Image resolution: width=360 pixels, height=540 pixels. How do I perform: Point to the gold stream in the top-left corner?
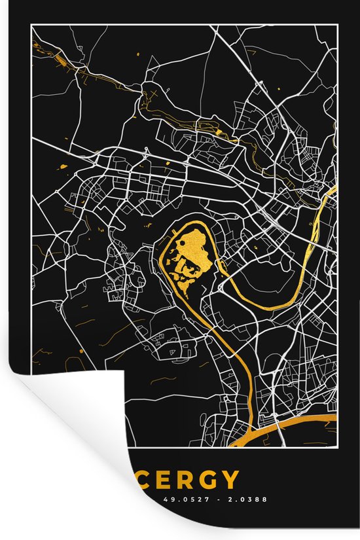coord(56,55)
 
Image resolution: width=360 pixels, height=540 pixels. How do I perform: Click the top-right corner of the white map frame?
coord(337,27)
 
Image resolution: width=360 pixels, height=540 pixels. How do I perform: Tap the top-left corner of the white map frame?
coord(31,27)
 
